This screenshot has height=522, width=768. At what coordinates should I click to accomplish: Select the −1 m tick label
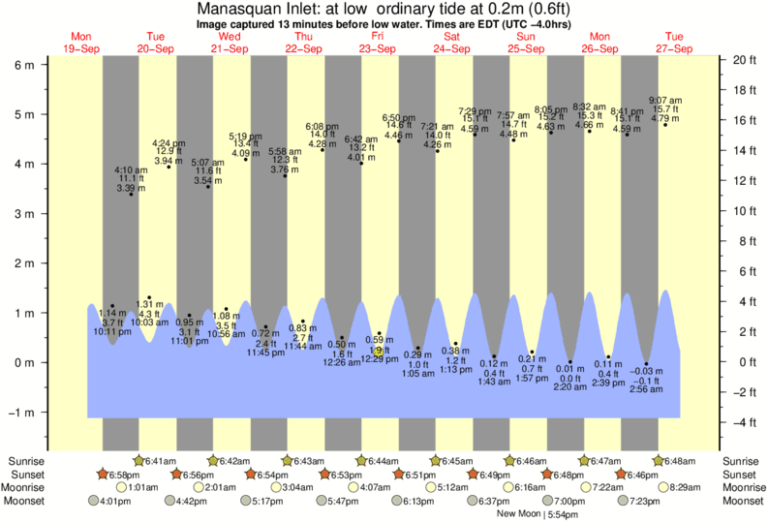20,412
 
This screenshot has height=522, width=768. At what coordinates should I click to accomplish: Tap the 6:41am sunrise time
161,461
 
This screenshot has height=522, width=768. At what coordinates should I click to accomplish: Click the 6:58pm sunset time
124,475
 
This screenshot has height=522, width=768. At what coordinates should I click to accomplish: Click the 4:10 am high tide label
130,169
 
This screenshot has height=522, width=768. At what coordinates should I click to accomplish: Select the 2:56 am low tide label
646,390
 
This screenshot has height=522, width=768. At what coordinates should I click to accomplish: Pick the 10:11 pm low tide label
112,330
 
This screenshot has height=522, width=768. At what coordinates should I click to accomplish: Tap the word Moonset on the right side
742,502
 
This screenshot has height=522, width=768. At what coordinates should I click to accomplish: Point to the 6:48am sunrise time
681,461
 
